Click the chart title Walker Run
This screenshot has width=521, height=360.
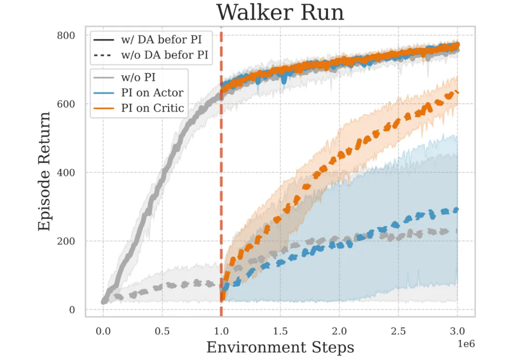[x=280, y=13]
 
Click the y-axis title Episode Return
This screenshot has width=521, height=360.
[x=44, y=171]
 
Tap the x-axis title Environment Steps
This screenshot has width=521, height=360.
[x=280, y=347]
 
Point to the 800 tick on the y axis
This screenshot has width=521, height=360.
[x=66, y=35]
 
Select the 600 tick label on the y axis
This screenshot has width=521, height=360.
[x=66, y=104]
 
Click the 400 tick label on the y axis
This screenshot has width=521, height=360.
[x=66, y=172]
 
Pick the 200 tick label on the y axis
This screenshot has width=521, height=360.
[x=66, y=241]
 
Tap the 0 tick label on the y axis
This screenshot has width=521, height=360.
[x=71, y=309]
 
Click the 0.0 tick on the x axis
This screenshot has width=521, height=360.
[x=103, y=332]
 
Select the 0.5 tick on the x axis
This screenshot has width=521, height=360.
[x=162, y=332]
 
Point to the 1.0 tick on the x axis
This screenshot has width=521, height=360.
[x=221, y=332]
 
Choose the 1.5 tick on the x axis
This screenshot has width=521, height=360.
[x=280, y=332]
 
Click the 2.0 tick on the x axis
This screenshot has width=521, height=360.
[x=340, y=332]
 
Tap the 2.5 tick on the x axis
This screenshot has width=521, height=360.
[x=398, y=332]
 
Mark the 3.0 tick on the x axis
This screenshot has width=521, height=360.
[x=457, y=332]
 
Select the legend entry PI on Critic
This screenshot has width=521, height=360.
[x=152, y=108]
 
